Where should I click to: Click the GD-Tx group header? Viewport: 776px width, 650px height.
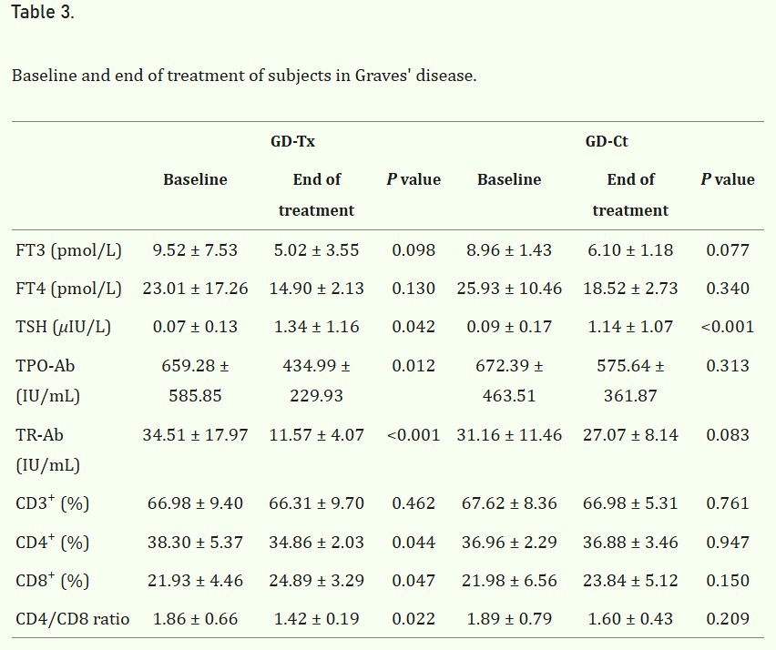coord(292,141)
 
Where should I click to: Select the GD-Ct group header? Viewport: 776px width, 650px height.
coord(607,141)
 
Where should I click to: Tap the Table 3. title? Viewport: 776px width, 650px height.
coord(43,12)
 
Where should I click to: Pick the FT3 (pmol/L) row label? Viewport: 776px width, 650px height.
coord(68,250)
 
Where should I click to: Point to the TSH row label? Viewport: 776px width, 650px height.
coord(63,327)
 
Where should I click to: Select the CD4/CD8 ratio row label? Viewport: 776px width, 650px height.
coord(72,619)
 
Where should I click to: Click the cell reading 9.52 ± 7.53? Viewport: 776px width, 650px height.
coord(195,250)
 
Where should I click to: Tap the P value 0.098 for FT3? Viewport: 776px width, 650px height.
coord(414,250)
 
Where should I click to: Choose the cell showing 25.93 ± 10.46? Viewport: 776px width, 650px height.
coord(509,289)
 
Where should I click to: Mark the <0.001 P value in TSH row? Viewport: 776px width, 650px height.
coord(728,327)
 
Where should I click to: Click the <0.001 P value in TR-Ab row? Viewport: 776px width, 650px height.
coord(414,435)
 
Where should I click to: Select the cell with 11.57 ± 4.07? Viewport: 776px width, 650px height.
coord(316,435)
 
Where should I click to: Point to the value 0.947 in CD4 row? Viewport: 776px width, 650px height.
coord(728,543)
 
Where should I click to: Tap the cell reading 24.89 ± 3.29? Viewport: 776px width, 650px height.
coord(316,581)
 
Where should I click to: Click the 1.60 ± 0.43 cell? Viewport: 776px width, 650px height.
coord(630,619)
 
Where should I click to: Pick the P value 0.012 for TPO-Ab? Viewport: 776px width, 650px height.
coord(414,366)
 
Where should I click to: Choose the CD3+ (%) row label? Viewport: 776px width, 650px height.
coord(53,503)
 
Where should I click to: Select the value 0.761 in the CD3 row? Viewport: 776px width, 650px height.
coord(728,503)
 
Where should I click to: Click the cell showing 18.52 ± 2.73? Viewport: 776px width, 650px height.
coord(630,289)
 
